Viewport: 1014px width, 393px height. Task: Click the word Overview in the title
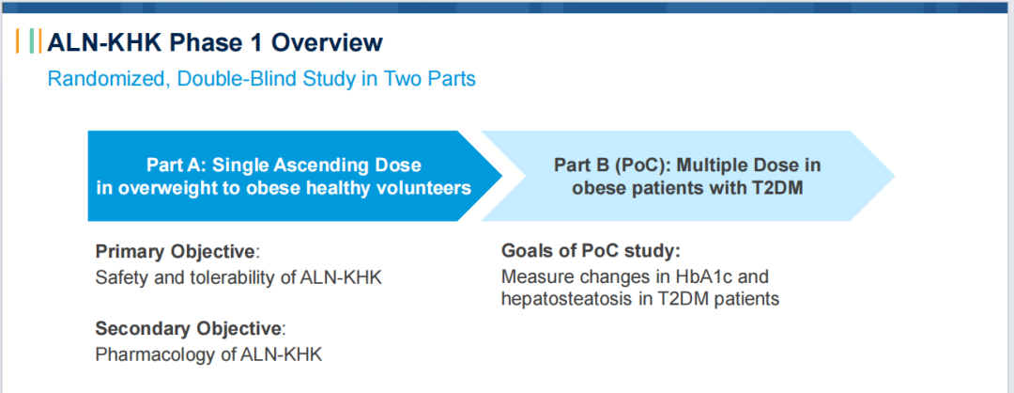[327, 42]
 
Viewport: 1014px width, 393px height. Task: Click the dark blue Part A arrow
[295, 176]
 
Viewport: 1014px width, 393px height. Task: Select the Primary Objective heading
[176, 252]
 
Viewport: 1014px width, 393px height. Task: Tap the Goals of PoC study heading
[591, 251]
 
